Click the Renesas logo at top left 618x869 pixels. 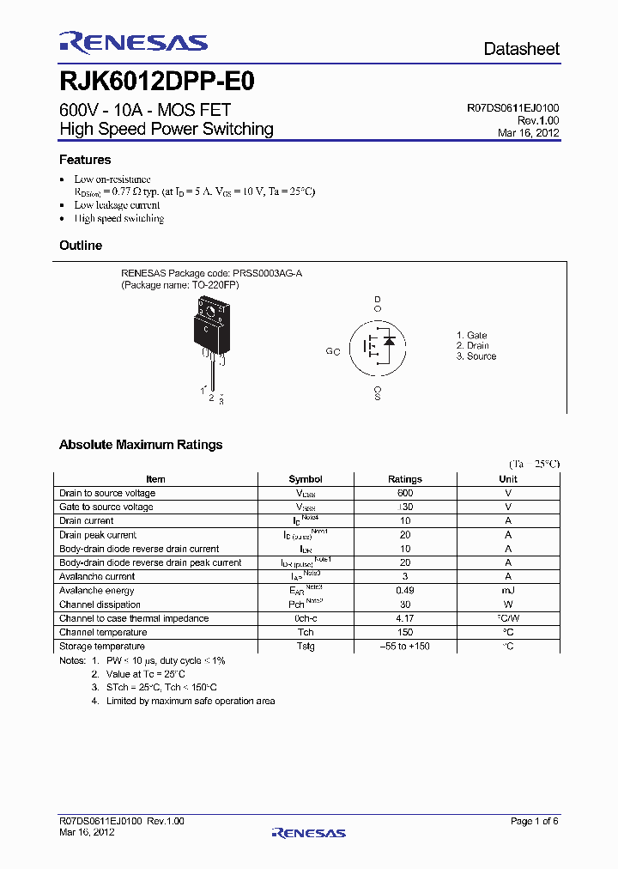click(x=133, y=42)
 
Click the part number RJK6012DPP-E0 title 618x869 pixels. click(x=156, y=82)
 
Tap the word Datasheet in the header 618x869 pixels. click(x=521, y=49)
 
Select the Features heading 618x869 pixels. click(x=85, y=160)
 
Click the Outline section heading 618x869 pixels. click(x=81, y=246)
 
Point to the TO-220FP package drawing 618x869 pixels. click(x=211, y=331)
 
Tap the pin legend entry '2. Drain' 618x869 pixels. click(x=472, y=346)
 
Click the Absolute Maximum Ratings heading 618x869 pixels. click(x=141, y=445)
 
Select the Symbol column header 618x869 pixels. click(x=306, y=479)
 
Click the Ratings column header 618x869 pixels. click(x=405, y=479)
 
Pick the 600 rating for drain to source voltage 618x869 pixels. click(x=405, y=493)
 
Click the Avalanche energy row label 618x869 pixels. click(x=97, y=591)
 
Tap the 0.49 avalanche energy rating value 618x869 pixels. click(x=405, y=591)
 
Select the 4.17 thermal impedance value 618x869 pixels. click(x=405, y=618)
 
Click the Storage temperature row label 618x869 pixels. click(x=102, y=647)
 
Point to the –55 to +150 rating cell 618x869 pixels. click(x=405, y=647)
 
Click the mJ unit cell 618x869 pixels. click(x=508, y=591)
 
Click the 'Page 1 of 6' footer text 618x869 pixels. click(x=534, y=822)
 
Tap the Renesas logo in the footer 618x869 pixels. click(x=308, y=832)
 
